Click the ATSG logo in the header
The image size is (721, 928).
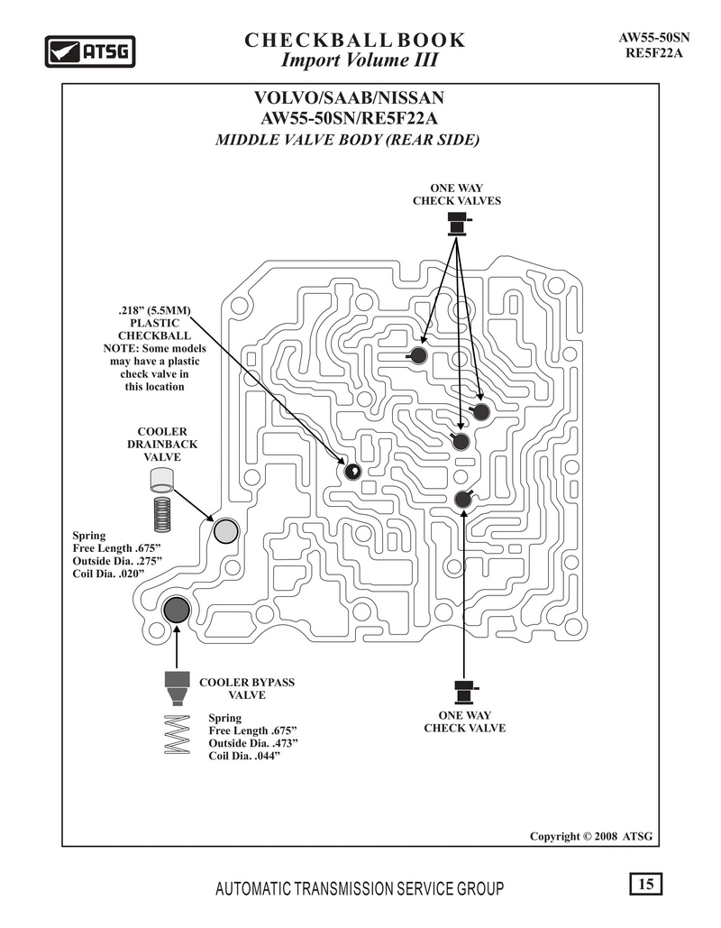coord(90,51)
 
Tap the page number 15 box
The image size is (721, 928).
coord(645,884)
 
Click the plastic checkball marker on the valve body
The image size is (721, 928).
coord(352,471)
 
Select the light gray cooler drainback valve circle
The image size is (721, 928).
coord(225,531)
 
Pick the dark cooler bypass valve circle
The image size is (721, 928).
coord(176,610)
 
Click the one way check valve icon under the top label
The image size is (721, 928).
coord(458,226)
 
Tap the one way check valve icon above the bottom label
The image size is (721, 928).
coord(466,691)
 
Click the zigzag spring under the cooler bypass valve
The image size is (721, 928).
coord(177,734)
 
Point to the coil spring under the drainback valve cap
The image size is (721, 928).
coord(162,512)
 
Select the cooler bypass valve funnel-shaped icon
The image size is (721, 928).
coord(177,688)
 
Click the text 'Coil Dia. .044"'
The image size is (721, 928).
coord(243,756)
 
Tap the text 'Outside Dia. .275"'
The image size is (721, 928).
coord(117,560)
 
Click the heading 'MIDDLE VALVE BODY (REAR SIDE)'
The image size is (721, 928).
coord(348,140)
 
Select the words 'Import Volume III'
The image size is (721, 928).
coord(359,60)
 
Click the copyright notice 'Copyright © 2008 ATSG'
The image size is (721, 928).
coord(591,836)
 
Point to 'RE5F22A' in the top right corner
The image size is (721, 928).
coord(654,52)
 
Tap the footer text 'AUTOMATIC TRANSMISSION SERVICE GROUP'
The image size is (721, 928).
coord(360,888)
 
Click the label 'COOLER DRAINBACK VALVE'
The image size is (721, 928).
coord(162,445)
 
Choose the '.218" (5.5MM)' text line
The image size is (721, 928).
coord(154,310)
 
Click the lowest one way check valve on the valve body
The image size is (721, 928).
coord(463,499)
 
